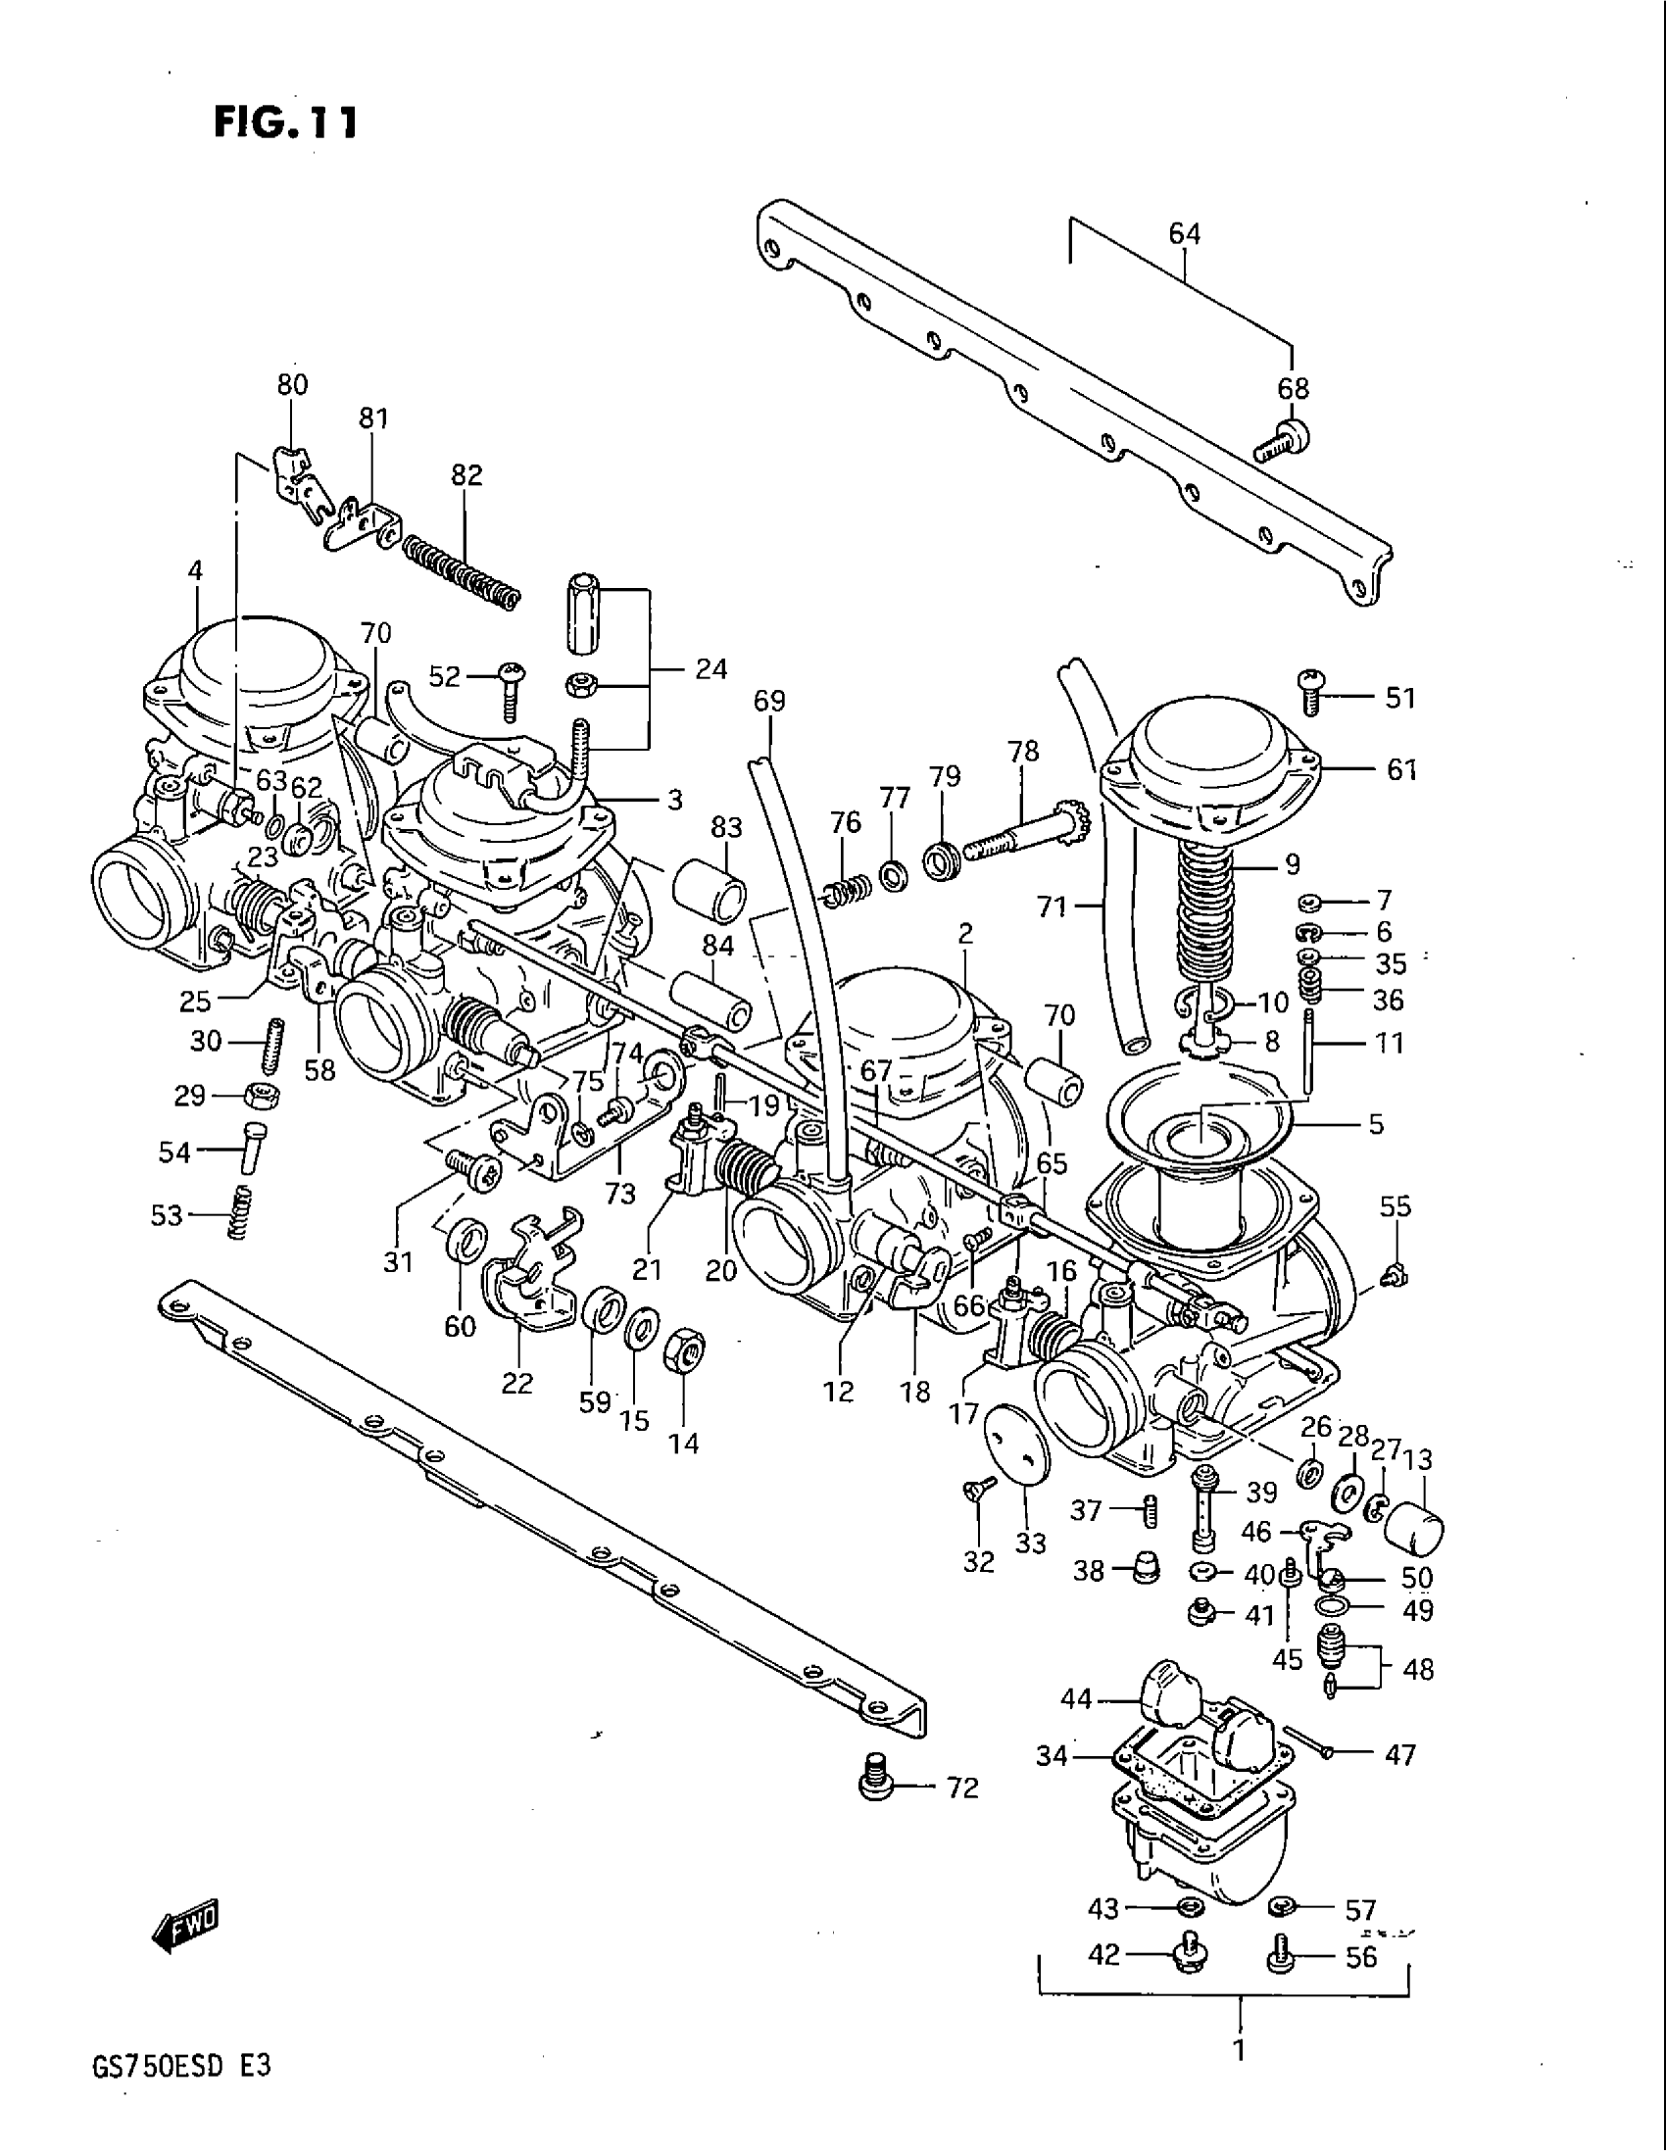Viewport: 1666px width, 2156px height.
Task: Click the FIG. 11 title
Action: (284, 122)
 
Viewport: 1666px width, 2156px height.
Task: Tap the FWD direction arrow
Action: (186, 1923)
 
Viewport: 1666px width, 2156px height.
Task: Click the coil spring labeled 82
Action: (461, 573)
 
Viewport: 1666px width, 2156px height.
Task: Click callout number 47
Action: (1399, 1754)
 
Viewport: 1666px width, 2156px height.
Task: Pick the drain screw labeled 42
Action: (1188, 1957)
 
